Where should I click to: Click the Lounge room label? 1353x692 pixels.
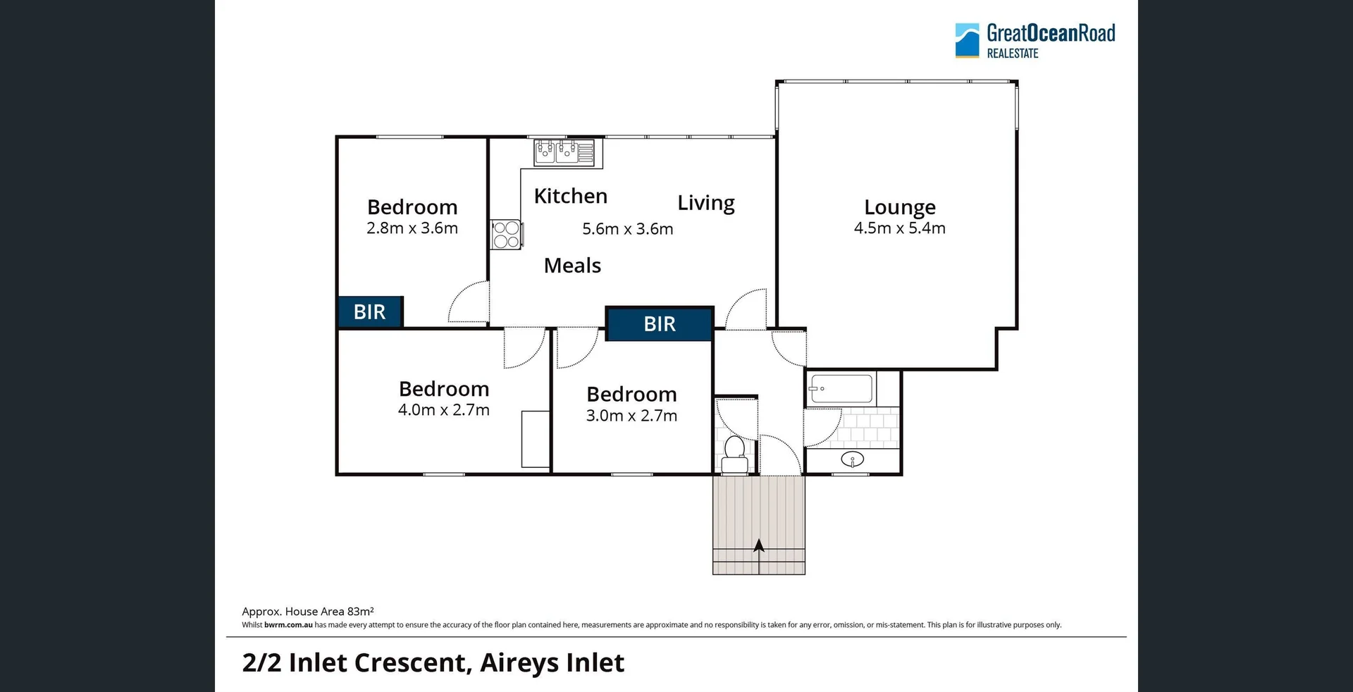pos(900,207)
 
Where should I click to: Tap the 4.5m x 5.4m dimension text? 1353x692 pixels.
pos(900,228)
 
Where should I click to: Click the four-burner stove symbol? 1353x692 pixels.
pos(506,235)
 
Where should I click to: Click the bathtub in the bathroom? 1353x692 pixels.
pos(841,389)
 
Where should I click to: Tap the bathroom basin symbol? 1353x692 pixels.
pos(853,460)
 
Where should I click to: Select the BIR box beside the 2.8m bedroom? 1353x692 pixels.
pos(370,311)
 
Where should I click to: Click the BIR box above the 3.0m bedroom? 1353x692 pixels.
pos(660,324)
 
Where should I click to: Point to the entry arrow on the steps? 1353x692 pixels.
pos(759,547)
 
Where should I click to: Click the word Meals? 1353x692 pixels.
pos(572,266)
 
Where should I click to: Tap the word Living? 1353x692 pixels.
pos(706,203)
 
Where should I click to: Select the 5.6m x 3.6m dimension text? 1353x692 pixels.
pos(627,229)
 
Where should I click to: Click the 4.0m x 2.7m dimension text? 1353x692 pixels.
pos(443,410)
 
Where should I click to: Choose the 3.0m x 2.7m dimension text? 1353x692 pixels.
pos(631,416)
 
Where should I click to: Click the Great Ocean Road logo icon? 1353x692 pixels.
pos(967,40)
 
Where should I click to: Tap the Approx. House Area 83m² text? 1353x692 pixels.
pos(308,612)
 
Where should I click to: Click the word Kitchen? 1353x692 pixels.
pos(570,196)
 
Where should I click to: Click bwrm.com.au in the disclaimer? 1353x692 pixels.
pos(288,625)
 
